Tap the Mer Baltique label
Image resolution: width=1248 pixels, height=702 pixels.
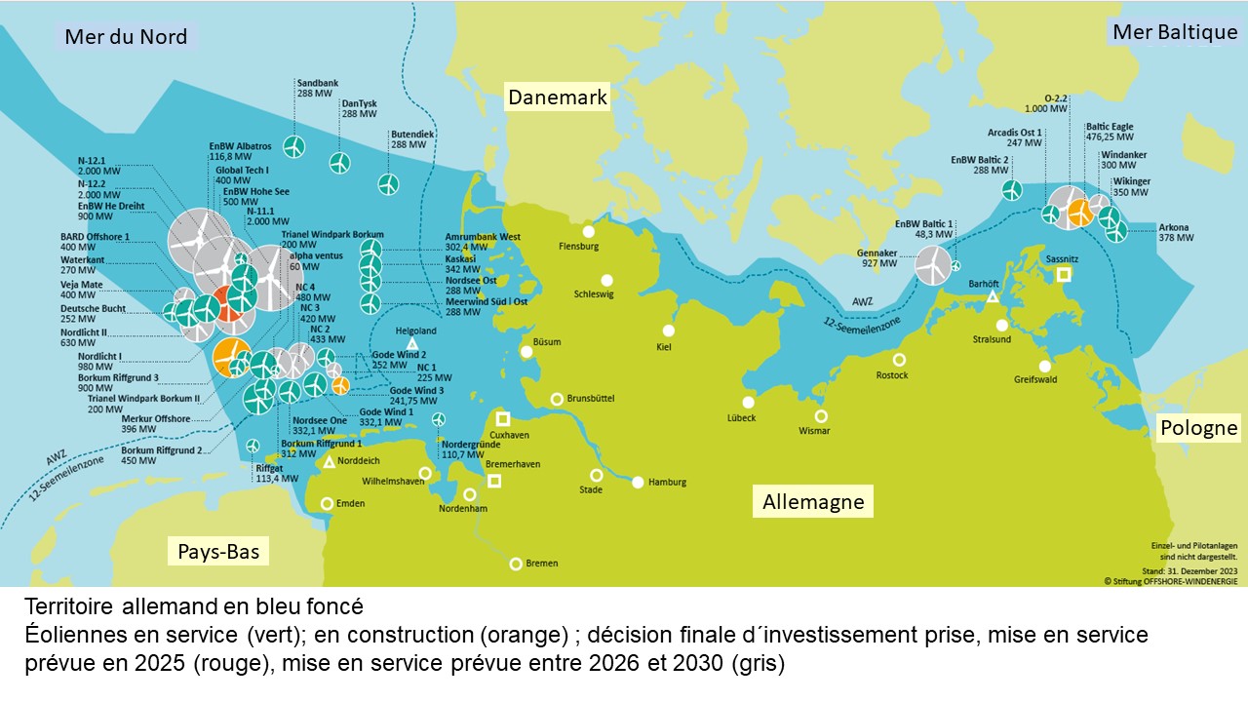(1175, 32)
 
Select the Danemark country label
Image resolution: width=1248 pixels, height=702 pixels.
(557, 97)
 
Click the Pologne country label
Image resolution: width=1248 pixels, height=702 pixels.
(1198, 428)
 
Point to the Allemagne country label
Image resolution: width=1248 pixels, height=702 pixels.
(813, 502)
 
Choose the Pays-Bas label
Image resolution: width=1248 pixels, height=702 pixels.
(218, 552)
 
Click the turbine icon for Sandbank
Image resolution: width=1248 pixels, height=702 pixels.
(293, 146)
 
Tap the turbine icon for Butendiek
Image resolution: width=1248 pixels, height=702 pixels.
(388, 183)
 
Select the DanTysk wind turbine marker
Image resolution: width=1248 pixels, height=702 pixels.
(339, 163)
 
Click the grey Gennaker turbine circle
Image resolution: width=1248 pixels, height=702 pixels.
(932, 264)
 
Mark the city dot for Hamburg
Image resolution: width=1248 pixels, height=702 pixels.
(638, 482)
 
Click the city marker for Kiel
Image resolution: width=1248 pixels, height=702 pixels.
(668, 331)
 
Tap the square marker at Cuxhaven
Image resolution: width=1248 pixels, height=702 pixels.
(503, 418)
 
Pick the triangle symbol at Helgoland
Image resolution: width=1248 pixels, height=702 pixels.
(412, 344)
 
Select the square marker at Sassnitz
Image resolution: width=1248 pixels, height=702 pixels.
(1064, 275)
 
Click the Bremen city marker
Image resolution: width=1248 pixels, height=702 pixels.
(516, 564)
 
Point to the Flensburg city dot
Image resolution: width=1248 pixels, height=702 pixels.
(588, 231)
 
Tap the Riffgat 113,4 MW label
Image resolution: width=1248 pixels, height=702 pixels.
(276, 473)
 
